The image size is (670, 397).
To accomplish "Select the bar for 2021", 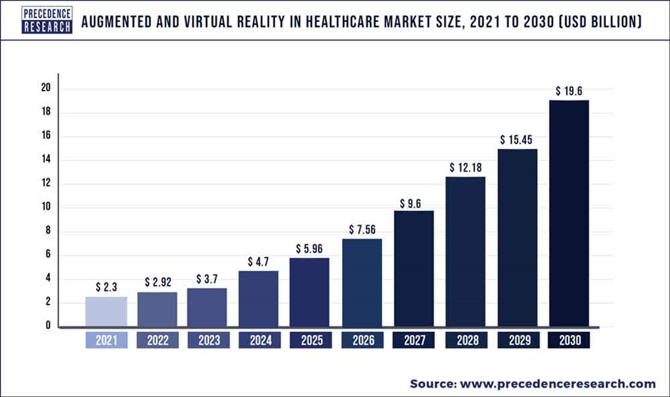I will point(105,311).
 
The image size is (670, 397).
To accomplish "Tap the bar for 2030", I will point(569,213).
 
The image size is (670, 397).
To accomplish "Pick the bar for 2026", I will point(363,282).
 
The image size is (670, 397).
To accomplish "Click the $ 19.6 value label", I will point(569,91).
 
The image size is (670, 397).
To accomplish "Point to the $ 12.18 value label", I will point(466,167).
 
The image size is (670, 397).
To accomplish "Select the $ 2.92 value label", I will point(158,283).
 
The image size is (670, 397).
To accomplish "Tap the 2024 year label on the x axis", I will point(259,341).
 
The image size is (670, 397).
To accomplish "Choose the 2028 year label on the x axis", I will point(466,341).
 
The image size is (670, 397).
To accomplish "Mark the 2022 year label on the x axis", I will point(157,341).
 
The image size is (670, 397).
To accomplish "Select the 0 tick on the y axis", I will point(47,326).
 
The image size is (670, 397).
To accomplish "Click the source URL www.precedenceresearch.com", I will point(565,383).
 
